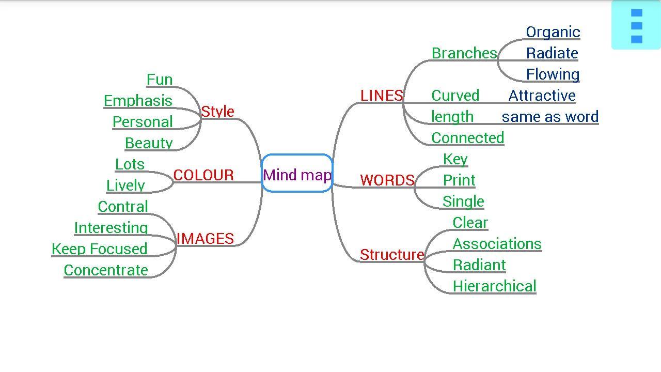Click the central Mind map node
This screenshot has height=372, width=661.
297,174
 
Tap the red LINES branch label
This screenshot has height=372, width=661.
382,96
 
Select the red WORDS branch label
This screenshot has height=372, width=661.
387,180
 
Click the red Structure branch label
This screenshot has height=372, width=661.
392,255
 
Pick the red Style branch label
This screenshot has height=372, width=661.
217,112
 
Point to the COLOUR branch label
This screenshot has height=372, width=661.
203,175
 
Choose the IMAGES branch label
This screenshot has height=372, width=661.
205,239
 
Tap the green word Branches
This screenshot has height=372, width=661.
464,53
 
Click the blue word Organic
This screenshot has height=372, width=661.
553,32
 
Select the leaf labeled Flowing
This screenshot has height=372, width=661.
553,74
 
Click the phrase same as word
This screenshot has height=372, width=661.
550,117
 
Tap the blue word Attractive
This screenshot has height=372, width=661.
542,96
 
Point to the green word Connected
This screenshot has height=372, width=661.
468,138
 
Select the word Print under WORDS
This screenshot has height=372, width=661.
459,180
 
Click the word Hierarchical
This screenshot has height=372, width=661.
494,286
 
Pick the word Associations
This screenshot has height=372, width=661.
497,244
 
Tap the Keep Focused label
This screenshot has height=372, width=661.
100,249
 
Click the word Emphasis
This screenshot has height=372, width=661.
138,101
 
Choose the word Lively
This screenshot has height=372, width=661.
125,185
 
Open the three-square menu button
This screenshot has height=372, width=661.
636,25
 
